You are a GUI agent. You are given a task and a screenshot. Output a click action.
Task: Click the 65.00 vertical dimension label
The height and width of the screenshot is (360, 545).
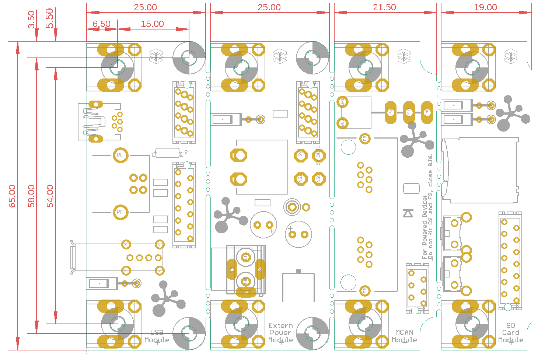click(x=12, y=196)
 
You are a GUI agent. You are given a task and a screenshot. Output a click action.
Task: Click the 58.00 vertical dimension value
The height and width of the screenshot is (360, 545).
click(x=31, y=196)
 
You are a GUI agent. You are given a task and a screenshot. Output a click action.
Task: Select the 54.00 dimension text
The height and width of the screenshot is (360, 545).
click(x=50, y=196)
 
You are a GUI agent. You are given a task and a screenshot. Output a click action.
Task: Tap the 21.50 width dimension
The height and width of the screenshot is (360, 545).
click(x=384, y=7)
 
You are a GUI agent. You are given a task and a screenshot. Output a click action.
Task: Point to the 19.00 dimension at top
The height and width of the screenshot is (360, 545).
click(x=485, y=7)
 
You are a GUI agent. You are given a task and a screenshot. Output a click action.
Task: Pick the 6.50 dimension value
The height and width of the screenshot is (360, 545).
click(x=101, y=24)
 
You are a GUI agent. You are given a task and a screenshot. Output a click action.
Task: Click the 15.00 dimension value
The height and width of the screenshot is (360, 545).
click(x=152, y=24)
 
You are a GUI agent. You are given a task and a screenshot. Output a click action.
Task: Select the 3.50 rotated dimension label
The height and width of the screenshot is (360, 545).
click(x=31, y=20)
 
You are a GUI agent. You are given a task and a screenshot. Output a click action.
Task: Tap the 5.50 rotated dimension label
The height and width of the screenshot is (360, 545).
click(x=50, y=18)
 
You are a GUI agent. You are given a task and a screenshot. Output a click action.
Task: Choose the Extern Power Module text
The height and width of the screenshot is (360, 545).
click(x=280, y=333)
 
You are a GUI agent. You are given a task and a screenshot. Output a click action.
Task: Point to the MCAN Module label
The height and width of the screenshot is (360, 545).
click(x=404, y=336)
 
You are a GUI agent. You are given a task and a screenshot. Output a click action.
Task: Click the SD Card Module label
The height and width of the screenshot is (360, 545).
click(x=511, y=333)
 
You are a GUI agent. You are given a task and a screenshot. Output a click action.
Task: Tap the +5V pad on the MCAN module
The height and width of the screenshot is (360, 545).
click(x=391, y=112)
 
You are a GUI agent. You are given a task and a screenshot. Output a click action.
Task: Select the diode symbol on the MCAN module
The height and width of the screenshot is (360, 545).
click(x=408, y=213)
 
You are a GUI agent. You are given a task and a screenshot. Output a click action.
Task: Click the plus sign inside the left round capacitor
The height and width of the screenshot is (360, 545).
click(x=271, y=231)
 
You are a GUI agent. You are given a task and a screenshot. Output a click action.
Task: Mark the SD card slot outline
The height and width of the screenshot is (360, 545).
click(x=481, y=170)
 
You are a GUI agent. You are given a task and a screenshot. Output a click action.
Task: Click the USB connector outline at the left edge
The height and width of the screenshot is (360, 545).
click(x=99, y=122)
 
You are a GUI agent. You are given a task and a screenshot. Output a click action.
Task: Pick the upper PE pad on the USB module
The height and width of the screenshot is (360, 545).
click(x=120, y=155)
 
